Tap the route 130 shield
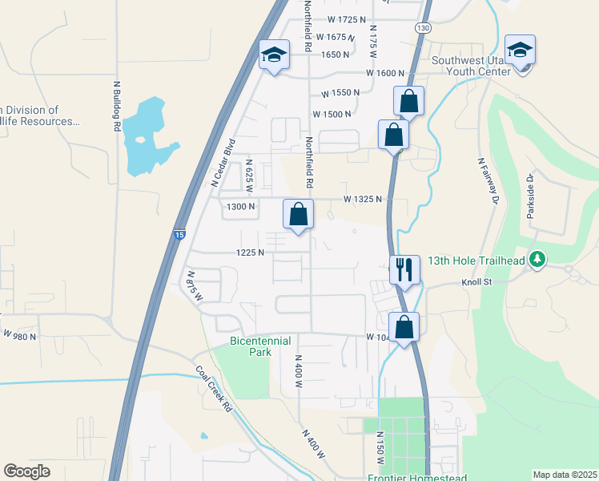coord(422,27)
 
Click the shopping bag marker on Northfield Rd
coord(298,214)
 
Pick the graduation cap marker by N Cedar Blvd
coord(274,55)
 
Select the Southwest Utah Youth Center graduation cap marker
coord(520,51)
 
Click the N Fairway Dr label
coord(488,180)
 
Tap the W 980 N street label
coord(20,334)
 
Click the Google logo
coord(26,471)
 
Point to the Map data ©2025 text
coord(565,475)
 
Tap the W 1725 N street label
coord(346,19)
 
